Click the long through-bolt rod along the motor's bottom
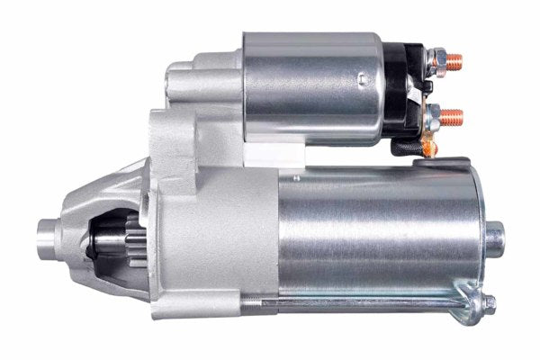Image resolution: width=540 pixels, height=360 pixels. [378, 303]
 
